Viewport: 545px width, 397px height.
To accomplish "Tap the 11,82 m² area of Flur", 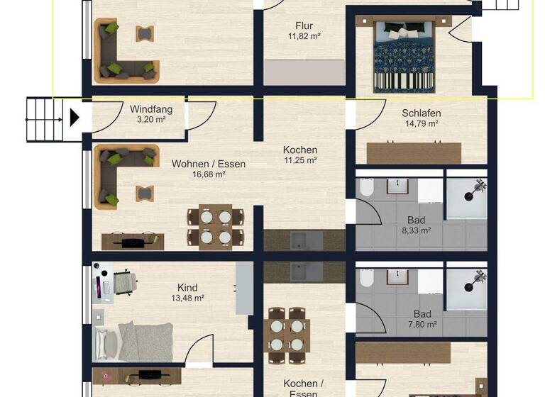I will [x=304, y=35].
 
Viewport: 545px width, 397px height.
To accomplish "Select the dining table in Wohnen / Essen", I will [x=214, y=227].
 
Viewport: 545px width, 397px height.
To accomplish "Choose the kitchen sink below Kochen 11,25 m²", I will [x=304, y=240].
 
